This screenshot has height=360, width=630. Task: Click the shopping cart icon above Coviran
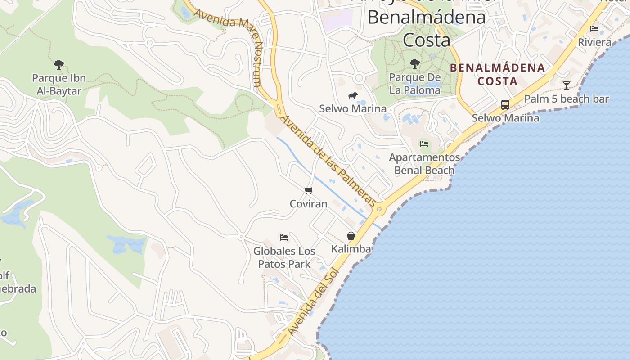click(x=308, y=191)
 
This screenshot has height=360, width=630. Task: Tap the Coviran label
click(x=308, y=203)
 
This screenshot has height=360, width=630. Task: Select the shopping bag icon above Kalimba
click(x=351, y=236)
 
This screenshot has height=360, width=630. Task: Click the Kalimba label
click(x=351, y=249)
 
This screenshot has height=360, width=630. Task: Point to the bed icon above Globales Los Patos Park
click(x=284, y=238)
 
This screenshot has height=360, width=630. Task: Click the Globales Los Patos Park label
click(x=284, y=257)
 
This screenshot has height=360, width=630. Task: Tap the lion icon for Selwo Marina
click(x=353, y=95)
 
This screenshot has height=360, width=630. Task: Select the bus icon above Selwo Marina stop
click(x=505, y=105)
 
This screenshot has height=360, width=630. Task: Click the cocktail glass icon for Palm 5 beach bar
click(x=567, y=85)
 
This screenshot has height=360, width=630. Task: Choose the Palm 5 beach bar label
click(x=566, y=99)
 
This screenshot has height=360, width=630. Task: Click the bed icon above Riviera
click(x=594, y=29)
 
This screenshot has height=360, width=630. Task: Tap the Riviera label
click(x=594, y=42)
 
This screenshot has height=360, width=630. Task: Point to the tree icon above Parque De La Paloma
click(x=415, y=64)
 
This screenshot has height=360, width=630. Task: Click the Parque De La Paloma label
click(x=415, y=84)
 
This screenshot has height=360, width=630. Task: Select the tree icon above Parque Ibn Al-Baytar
click(x=59, y=65)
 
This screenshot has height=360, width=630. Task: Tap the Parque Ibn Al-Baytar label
click(x=59, y=85)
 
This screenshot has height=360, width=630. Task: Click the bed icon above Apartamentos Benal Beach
click(x=424, y=144)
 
